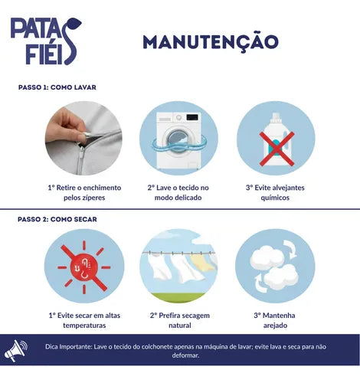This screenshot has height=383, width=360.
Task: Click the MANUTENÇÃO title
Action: coord(211,42)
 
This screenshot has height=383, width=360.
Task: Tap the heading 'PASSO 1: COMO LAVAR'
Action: coord(57,87)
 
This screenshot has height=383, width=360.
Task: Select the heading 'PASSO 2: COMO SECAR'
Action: coord(57,219)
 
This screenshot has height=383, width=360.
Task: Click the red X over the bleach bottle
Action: coord(277,149)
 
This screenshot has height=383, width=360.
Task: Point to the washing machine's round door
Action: coord(178,141)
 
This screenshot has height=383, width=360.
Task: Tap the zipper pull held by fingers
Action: coord(86,136)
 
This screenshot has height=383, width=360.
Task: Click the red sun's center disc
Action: coord(84,267)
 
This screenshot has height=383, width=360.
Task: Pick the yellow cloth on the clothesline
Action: coord(202,261)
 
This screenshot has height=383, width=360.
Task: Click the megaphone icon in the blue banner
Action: coord(15,350)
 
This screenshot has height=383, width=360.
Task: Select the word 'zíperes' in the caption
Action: coord(94,198)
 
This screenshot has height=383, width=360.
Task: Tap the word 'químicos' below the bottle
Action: coord(275,198)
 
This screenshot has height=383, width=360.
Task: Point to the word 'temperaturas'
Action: coord(84,326)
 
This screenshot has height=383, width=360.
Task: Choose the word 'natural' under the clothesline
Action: coord(180,326)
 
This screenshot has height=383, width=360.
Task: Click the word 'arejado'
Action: coord(275,326)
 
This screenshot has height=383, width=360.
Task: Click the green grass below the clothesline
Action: coord(178,298)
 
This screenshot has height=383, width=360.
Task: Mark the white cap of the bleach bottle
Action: coord(275,118)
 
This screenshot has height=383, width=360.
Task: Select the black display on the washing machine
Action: coord(192,117)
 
